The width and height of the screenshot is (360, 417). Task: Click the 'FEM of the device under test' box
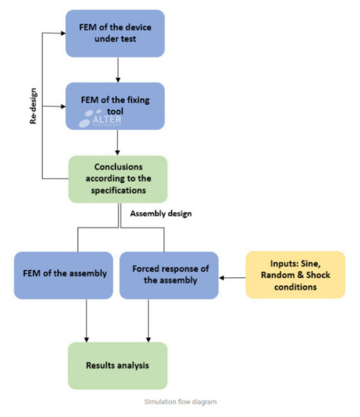pos(115,33)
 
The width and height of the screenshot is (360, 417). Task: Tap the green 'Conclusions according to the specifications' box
pos(118,178)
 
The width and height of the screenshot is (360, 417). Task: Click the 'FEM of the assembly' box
pos(63,274)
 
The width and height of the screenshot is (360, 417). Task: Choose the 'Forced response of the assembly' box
pos(169,274)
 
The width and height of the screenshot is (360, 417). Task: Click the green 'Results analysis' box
pos(118,365)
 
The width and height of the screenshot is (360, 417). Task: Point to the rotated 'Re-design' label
pos(34,107)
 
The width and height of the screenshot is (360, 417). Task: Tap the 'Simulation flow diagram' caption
pos(179,401)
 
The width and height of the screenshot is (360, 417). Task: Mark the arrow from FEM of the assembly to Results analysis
pos(88,320)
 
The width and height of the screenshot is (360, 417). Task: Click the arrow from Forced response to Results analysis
pos(148,320)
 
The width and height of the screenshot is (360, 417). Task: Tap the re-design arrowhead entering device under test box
pos(62,33)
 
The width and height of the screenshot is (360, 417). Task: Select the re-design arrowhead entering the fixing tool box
pos(62,106)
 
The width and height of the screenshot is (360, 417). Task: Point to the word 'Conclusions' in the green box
pos(118,167)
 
